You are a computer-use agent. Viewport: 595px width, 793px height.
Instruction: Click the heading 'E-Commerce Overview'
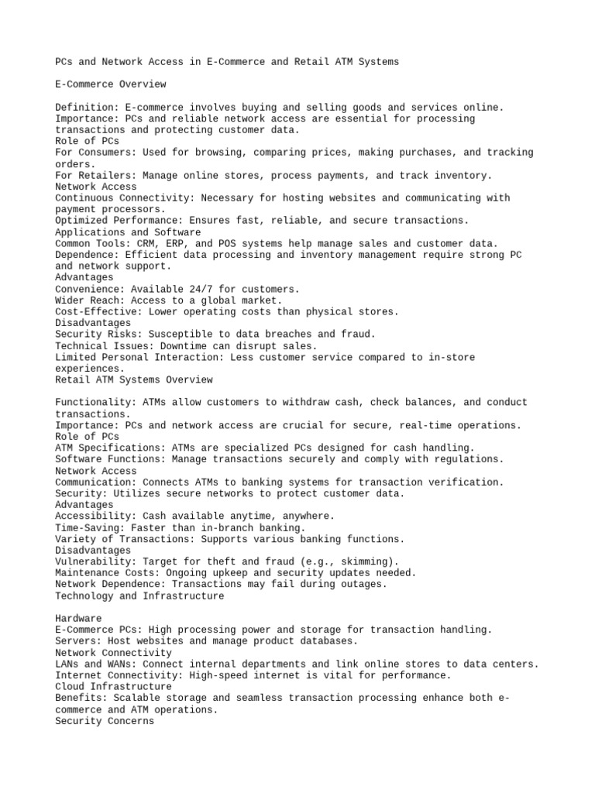coord(110,84)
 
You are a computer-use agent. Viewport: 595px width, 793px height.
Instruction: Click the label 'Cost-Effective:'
coord(98,311)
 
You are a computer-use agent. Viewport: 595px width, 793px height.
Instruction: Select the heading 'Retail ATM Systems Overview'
coord(133,379)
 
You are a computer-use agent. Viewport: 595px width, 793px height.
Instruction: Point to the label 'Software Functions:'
coord(107,459)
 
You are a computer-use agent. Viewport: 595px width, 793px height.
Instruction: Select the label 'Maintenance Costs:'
coord(107,573)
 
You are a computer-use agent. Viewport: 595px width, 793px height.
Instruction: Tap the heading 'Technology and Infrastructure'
coord(139,596)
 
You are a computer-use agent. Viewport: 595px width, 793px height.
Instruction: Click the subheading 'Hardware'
coord(78,619)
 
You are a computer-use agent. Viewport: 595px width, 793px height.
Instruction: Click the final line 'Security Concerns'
coord(105,721)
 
